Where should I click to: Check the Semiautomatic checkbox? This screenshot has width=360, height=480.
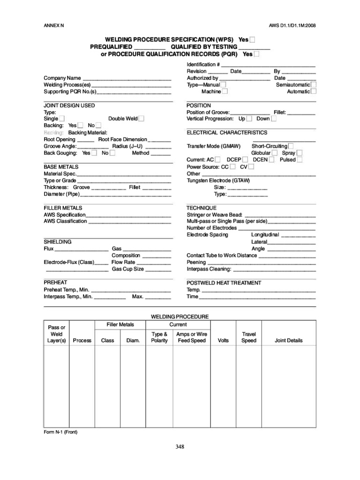tap(314, 85)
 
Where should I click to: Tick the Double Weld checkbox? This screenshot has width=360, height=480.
tap(141, 119)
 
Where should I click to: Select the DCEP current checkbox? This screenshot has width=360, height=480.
tap(245, 160)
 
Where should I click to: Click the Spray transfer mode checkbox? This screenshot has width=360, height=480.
tap(300, 153)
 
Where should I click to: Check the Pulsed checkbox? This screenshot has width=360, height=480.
tap(300, 160)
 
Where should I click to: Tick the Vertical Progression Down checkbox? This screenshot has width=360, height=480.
tap(274, 119)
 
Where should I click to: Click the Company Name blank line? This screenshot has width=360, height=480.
tap(127, 78)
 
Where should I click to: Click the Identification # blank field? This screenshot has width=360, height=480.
tap(268, 65)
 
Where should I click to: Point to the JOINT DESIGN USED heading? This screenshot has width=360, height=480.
tap(69, 105)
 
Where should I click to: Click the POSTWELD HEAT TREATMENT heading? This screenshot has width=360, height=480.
tap(224, 283)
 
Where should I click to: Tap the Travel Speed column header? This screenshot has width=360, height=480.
tap(248, 337)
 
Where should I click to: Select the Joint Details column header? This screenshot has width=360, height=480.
tap(288, 341)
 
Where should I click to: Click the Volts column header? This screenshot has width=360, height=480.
tap(224, 341)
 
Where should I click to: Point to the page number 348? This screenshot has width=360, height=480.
tap(180, 447)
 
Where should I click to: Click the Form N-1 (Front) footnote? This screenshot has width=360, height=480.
tap(60, 432)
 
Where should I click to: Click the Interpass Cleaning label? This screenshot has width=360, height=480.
tap(209, 270)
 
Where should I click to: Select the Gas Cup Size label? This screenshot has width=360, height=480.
tap(127, 270)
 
